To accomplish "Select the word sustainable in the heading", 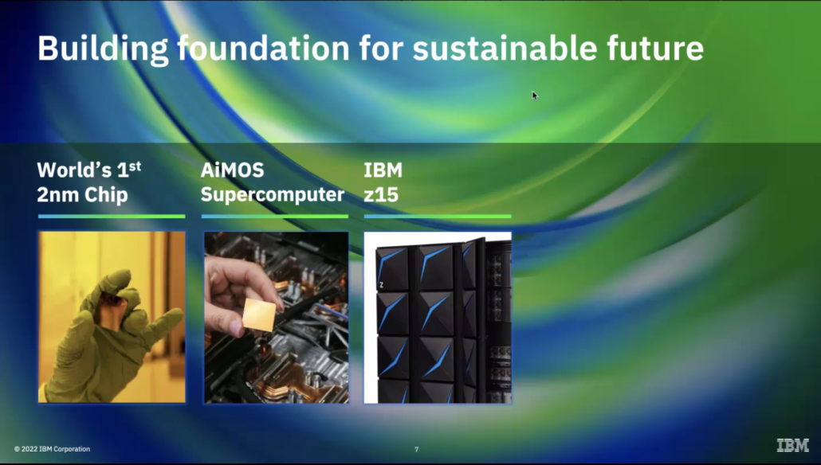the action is (505, 48).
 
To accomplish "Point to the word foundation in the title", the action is (263, 48).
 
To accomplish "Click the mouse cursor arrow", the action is (535, 96).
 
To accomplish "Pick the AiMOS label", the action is (232, 170).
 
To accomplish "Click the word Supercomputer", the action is (273, 195).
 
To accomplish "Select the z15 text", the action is (381, 195).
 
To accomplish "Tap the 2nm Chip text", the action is (82, 195).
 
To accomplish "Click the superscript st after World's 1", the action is (135, 166).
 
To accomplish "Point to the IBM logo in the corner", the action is (793, 445).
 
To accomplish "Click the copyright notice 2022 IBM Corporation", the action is (52, 449).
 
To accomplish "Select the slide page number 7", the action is (416, 449).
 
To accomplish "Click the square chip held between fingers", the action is (259, 315).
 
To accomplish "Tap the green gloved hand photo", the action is (112, 317).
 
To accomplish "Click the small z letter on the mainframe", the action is (381, 285).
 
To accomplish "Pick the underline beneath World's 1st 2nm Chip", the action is (112, 216).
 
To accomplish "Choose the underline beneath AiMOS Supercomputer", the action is (275, 216).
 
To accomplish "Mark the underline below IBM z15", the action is (438, 216).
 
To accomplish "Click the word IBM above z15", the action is (383, 170).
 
